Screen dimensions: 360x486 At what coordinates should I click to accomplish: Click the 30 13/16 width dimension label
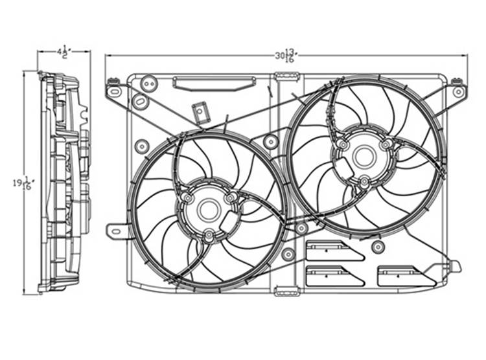[286, 56]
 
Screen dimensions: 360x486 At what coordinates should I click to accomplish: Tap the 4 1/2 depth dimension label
[63, 51]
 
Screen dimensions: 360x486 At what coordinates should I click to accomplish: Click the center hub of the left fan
[209, 208]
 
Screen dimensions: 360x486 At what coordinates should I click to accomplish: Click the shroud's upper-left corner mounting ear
[114, 90]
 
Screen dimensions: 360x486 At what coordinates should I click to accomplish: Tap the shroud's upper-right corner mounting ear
[458, 90]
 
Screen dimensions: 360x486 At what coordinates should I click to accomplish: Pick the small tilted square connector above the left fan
[201, 113]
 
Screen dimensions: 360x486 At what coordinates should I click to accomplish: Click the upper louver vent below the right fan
[334, 251]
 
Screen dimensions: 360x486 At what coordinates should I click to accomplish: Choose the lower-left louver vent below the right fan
[334, 276]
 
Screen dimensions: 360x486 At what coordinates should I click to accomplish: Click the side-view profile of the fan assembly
[64, 183]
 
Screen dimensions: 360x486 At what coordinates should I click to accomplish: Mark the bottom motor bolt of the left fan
[209, 236]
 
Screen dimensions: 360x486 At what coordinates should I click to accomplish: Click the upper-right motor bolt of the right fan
[387, 144]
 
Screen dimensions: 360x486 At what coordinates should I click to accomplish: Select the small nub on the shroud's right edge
[455, 265]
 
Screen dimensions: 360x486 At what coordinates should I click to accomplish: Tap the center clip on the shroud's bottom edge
[286, 291]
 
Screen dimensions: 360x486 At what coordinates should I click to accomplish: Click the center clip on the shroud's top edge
[286, 76]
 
